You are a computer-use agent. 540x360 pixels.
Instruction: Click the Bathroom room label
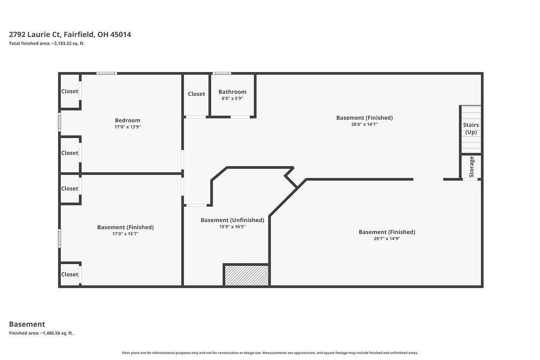(x=232, y=92)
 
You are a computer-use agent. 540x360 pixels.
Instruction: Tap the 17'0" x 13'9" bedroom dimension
(x=128, y=127)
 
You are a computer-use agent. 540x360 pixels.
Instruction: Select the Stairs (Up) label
(x=471, y=129)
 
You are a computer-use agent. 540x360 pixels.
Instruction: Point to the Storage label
(x=471, y=167)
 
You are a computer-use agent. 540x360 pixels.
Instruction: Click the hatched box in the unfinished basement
(x=246, y=275)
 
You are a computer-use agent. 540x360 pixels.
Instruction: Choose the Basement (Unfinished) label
(x=233, y=220)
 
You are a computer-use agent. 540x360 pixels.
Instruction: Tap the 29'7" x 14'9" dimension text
(x=387, y=239)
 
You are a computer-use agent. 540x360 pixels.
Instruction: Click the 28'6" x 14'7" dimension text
(x=364, y=124)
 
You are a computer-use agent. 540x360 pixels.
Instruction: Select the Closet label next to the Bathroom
(x=196, y=94)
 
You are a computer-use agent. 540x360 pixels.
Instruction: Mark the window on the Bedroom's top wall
(x=107, y=73)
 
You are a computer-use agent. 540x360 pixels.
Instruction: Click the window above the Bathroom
(x=221, y=73)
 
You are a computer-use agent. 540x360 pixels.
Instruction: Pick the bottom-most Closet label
(x=70, y=274)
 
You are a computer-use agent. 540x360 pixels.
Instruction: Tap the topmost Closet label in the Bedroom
(x=70, y=91)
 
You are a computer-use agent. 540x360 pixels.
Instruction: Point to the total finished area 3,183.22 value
(x=68, y=43)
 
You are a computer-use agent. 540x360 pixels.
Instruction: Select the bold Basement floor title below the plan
(x=27, y=324)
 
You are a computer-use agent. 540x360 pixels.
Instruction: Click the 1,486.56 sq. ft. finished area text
(x=56, y=333)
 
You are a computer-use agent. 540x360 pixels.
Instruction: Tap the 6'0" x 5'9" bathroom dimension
(x=232, y=99)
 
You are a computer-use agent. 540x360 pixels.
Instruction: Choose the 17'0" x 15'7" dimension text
(x=126, y=234)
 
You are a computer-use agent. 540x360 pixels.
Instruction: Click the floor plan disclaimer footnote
(x=270, y=353)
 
